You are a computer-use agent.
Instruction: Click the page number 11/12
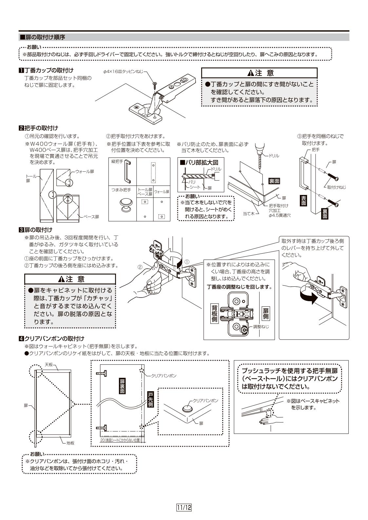coord(184,508)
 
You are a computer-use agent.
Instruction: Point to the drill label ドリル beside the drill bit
coord(274,156)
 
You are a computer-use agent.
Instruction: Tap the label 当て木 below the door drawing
coord(248,213)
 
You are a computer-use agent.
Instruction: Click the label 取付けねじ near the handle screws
coord(336,187)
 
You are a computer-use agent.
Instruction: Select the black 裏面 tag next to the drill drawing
coord(274,181)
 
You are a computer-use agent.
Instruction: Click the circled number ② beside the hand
coord(140,267)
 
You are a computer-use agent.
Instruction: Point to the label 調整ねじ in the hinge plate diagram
coord(261,327)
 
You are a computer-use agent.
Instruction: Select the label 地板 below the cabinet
coord(70,443)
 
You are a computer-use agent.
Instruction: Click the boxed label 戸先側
coord(150,399)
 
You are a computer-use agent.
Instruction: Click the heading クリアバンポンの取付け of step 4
coord(54,338)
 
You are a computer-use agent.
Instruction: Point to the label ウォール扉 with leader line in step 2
coord(85,171)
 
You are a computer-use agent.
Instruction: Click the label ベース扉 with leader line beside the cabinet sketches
coord(91,217)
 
